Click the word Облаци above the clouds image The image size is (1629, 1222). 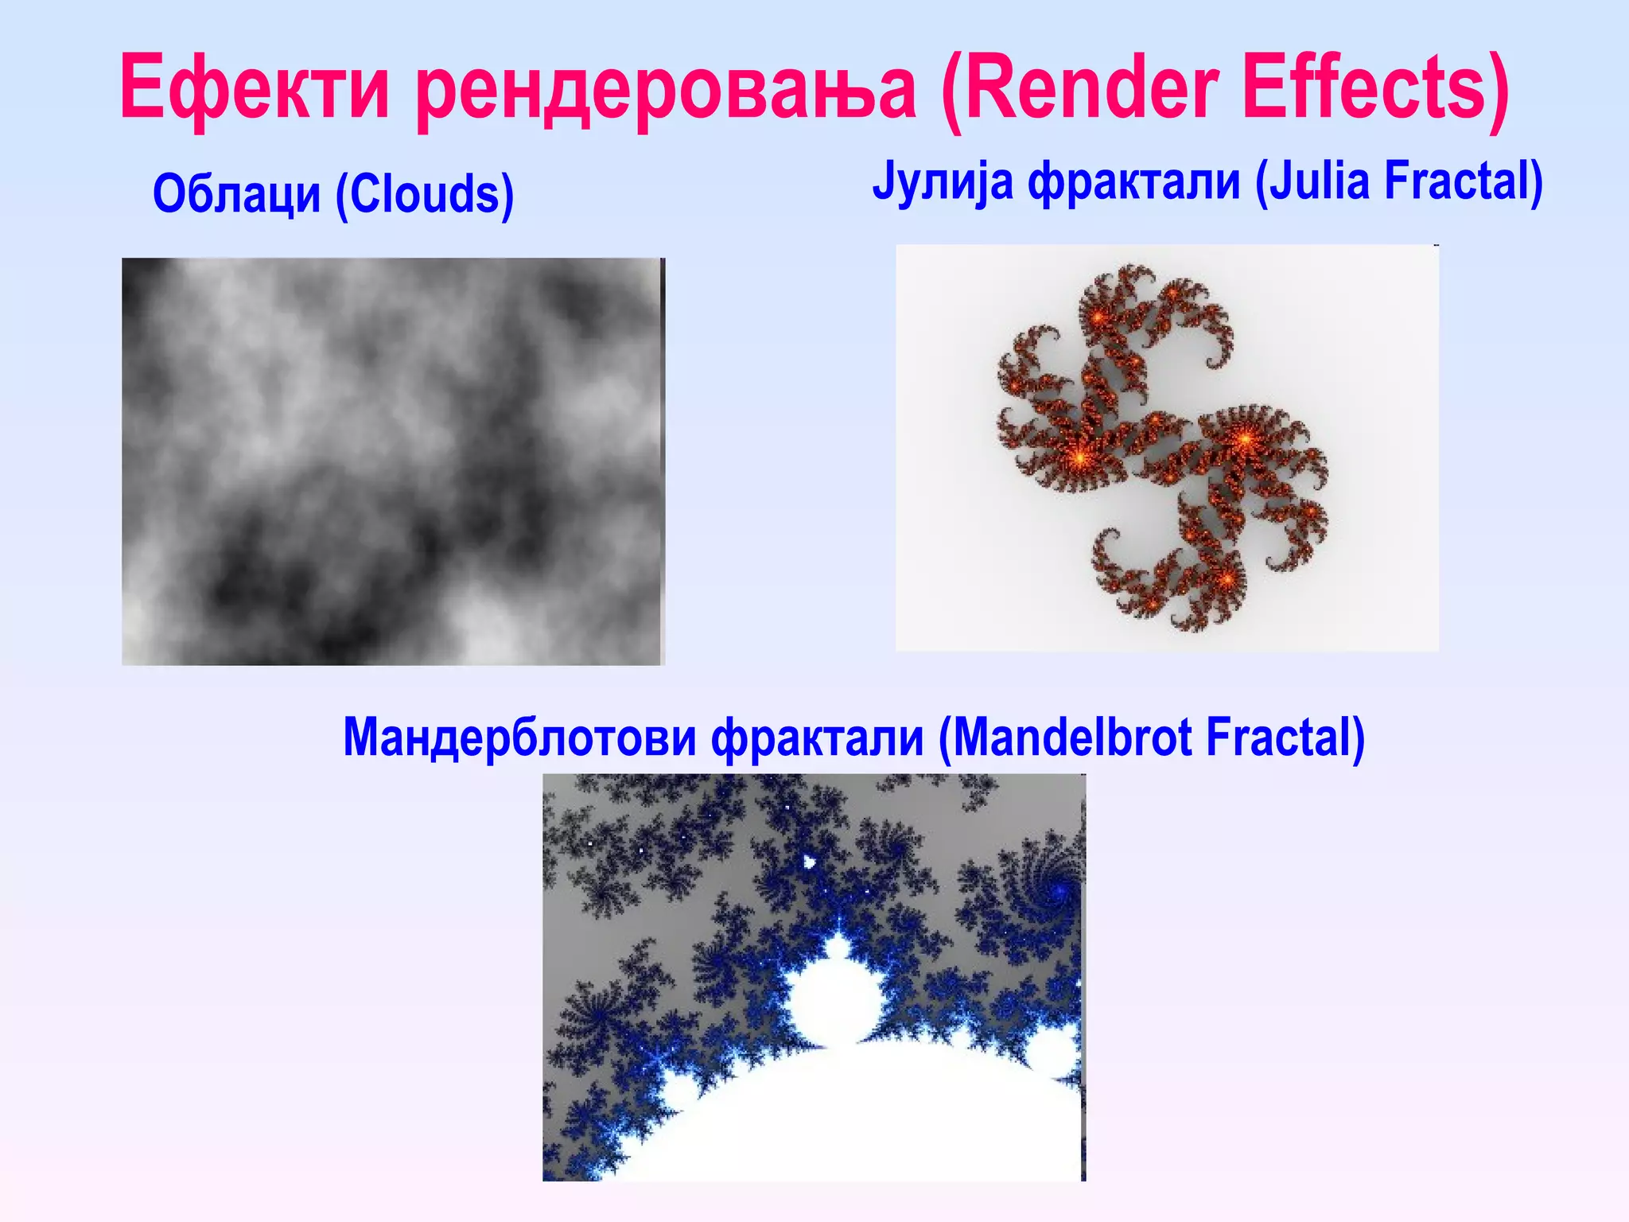tap(236, 194)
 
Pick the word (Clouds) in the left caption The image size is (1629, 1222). tap(425, 194)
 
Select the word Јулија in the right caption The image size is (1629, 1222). tap(943, 181)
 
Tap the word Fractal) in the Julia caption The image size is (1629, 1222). tap(1464, 181)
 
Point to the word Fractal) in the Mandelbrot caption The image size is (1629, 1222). tap(1285, 737)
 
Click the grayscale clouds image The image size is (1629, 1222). tap(392, 461)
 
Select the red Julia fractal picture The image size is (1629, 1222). tap(1167, 448)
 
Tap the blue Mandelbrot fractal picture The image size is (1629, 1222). tap(814, 977)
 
